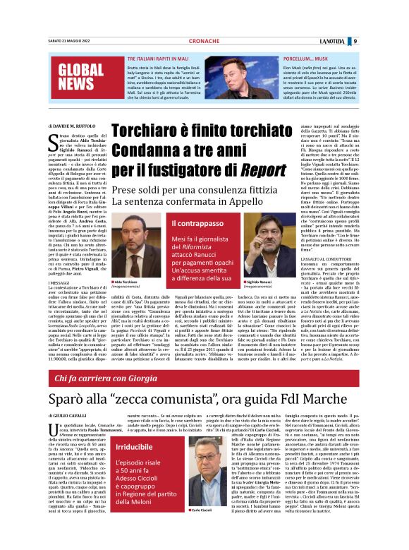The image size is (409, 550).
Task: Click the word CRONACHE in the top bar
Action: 205,41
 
